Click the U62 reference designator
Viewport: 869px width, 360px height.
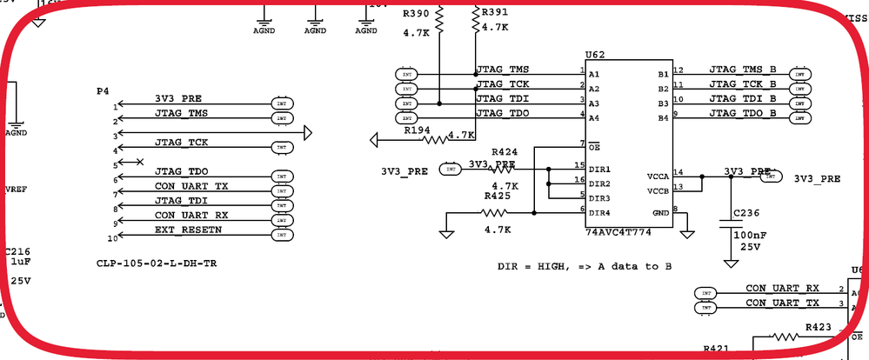596,54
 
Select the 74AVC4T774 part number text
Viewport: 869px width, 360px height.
618,234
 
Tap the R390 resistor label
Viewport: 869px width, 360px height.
416,14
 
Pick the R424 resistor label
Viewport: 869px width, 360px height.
505,151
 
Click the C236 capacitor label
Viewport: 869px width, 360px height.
746,212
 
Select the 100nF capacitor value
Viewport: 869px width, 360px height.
749,235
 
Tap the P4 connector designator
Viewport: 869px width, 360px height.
103,90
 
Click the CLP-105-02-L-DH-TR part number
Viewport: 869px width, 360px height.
157,262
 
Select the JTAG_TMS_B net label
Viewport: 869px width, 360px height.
742,69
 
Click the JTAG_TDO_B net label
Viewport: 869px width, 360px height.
742,113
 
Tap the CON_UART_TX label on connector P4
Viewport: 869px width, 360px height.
191,185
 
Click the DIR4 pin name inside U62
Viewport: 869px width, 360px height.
600,212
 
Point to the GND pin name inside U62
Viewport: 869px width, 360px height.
661,212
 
